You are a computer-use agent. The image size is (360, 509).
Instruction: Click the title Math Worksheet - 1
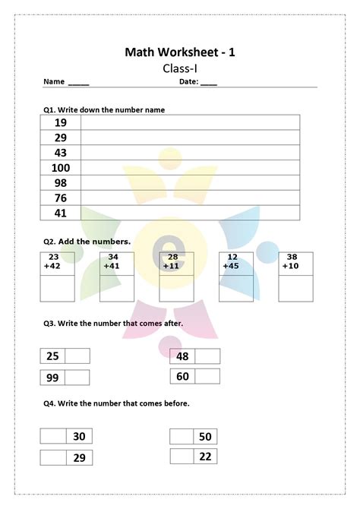tap(180, 52)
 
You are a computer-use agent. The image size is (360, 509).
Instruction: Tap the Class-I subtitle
tap(179, 68)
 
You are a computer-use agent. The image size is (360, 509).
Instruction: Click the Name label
tap(53, 82)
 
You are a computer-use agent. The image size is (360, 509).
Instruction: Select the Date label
tap(188, 82)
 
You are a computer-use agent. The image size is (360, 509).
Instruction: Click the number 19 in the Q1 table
tap(61, 122)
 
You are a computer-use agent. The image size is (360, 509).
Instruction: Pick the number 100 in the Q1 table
tap(61, 168)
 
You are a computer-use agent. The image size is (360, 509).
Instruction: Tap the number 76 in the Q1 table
tap(61, 198)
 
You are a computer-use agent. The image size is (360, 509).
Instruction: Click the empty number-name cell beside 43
tap(190, 153)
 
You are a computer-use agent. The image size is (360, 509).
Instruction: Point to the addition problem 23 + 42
tap(52, 262)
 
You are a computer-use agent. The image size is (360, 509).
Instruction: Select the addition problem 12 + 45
tap(232, 262)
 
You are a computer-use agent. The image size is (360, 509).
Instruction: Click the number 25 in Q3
tap(52, 356)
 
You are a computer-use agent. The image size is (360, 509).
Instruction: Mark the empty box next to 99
tap(77, 378)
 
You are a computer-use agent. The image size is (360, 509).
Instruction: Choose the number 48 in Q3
tap(182, 356)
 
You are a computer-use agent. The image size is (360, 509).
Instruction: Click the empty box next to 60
tap(207, 376)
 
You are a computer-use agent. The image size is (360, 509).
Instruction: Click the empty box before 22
tap(182, 456)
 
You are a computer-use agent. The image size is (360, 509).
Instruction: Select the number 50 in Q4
tap(205, 436)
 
